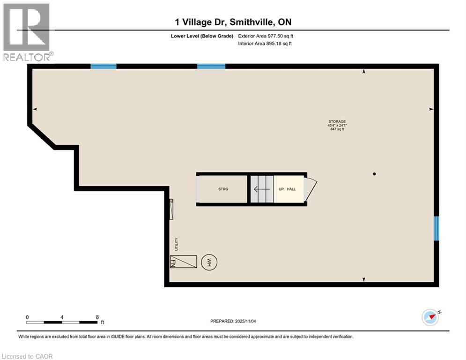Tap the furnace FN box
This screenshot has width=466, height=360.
183,262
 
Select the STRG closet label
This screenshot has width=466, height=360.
223,189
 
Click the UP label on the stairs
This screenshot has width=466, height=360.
281,189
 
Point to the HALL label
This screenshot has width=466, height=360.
291,189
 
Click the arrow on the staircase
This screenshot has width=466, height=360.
261,189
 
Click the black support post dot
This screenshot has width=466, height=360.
374,174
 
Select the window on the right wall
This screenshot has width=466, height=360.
436,228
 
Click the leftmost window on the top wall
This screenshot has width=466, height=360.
103,66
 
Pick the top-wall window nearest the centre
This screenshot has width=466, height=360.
211,66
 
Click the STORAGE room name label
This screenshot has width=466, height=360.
337,121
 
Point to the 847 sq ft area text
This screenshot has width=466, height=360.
337,129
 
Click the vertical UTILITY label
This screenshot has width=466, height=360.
177,244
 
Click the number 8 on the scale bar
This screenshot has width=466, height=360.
97,317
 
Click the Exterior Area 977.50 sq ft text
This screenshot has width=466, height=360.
266,36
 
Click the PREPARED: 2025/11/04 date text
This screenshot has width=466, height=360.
233,321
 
